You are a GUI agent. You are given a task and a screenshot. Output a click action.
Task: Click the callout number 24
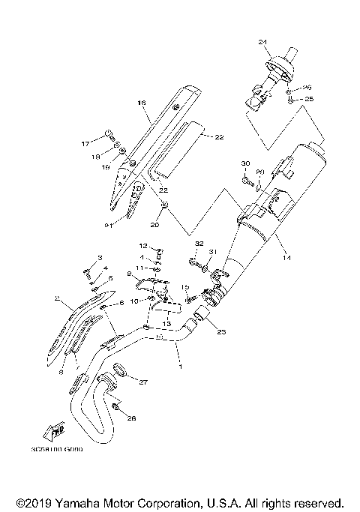(x=283, y=40)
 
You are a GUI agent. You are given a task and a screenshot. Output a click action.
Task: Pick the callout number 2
(x=56, y=298)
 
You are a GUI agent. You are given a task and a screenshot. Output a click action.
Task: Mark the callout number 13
(x=166, y=323)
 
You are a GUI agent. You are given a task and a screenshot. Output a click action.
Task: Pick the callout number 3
(x=100, y=258)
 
